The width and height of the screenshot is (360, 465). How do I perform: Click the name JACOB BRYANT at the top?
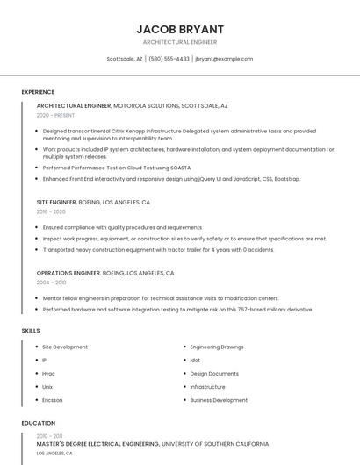pyautogui.click(x=179, y=29)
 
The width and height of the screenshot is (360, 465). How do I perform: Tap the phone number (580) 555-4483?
pyautogui.click(x=169, y=59)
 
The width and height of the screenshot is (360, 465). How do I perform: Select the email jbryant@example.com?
pyautogui.click(x=224, y=59)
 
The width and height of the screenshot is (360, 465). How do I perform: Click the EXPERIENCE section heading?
pyautogui.click(x=38, y=92)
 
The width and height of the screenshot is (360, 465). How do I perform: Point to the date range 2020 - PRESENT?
pyautogui.click(x=55, y=115)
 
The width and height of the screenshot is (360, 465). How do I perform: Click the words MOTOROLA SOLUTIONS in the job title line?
pyautogui.click(x=146, y=105)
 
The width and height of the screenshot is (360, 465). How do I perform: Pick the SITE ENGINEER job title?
pyautogui.click(x=56, y=202)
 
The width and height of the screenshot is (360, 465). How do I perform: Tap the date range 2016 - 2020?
pyautogui.click(x=51, y=211)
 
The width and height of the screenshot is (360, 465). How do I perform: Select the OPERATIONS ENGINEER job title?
pyautogui.click(x=68, y=273)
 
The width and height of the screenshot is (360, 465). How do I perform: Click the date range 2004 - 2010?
pyautogui.click(x=51, y=283)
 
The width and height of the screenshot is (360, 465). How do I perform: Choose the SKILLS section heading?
pyautogui.click(x=31, y=331)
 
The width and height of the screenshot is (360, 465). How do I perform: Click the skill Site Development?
pyautogui.click(x=65, y=347)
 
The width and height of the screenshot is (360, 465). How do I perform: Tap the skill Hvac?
pyautogui.click(x=48, y=373)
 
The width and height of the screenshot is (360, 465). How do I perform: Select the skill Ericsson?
pyautogui.click(x=53, y=399)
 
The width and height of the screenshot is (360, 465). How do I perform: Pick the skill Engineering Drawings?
pyautogui.click(x=217, y=347)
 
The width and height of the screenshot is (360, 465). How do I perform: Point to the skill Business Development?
pyautogui.click(x=219, y=399)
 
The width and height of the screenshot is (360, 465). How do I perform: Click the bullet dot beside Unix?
pyautogui.click(x=36, y=386)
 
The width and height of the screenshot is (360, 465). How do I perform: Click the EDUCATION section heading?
pyautogui.click(x=39, y=423)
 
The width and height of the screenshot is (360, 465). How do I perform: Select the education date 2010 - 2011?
pyautogui.click(x=49, y=435)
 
